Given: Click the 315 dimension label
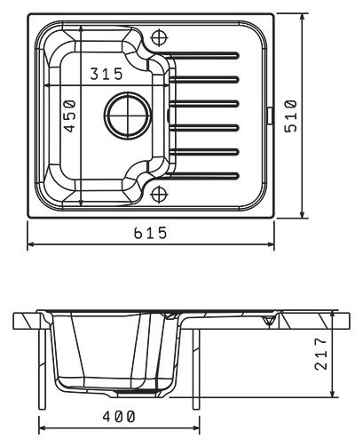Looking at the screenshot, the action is pos(107,74).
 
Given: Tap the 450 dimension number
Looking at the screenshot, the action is pos(70,116).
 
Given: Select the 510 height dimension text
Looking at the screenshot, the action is pos(290,116).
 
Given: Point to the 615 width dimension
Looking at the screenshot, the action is pos(151,233).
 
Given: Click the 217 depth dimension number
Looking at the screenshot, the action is pos(321,354).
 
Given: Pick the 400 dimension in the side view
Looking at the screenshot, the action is pos(119,417).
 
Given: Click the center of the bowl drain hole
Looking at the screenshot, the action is pos(129,116).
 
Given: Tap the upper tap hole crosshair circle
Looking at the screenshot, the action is pos(159,37).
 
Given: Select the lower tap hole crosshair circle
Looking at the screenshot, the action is pos(159,195).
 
